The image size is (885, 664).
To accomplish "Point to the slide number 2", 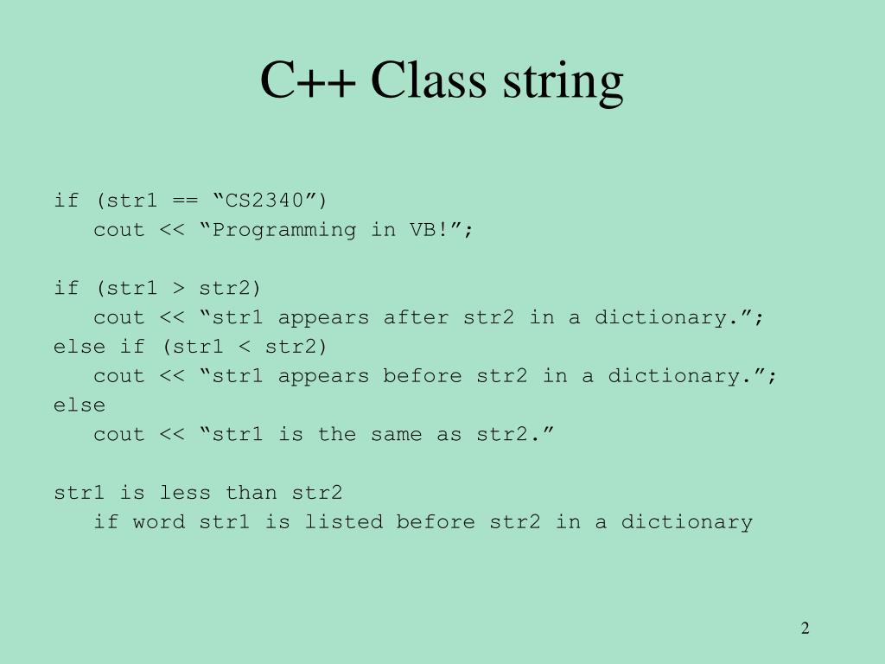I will (x=805, y=629).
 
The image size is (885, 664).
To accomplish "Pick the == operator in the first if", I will (x=185, y=201).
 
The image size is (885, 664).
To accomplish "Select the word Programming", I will (x=284, y=230).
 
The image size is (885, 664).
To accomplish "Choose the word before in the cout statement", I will (x=423, y=376).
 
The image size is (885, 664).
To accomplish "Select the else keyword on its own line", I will (x=80, y=405).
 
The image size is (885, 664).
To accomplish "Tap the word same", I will (x=396, y=434).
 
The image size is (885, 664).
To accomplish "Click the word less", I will (x=185, y=493).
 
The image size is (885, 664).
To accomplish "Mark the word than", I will (x=251, y=493).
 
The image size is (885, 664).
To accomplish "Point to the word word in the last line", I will (x=159, y=522).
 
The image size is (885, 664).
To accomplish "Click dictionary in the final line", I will (x=686, y=522).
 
